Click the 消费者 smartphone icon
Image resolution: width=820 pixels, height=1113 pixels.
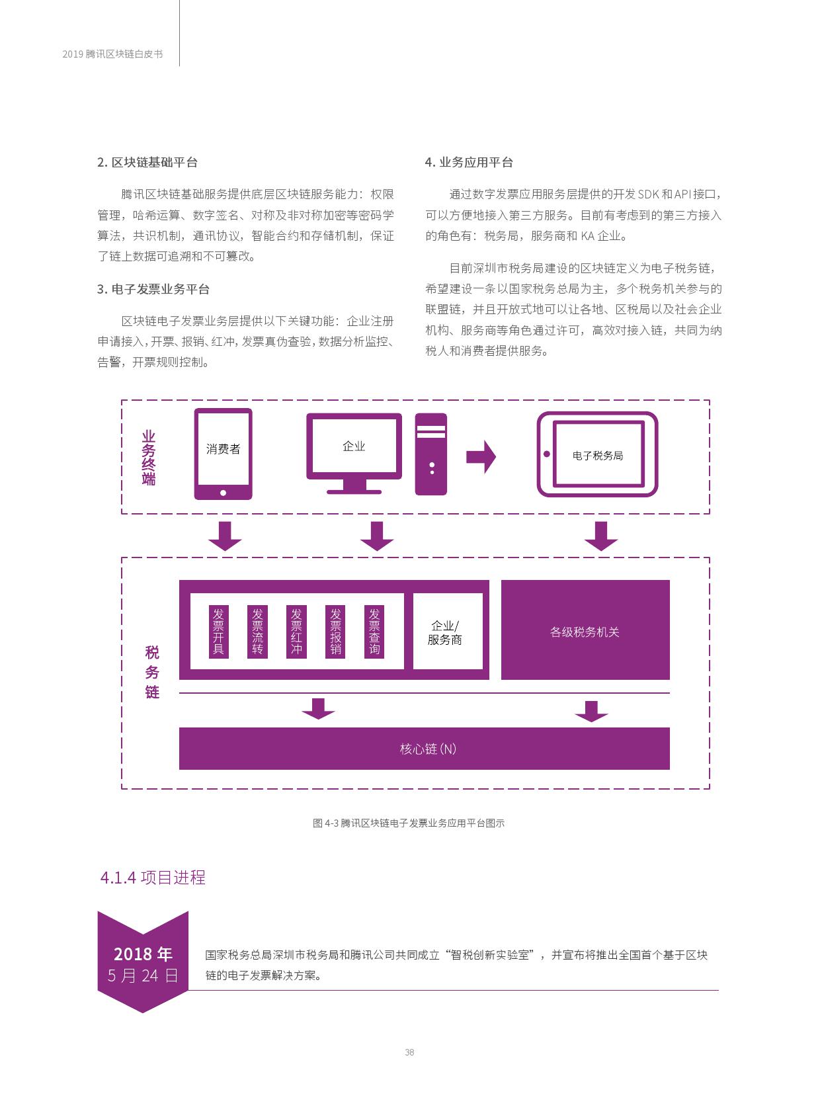(223, 454)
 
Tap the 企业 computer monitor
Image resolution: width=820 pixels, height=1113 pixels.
(354, 453)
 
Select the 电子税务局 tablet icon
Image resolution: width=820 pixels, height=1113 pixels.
(597, 454)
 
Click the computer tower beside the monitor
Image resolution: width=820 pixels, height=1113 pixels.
(431, 454)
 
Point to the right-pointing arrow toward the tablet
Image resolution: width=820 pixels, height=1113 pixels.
(481, 456)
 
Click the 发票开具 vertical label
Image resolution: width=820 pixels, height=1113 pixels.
(219, 632)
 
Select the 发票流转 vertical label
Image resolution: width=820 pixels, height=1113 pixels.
(257, 632)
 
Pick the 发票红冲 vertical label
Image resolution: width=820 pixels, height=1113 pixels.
(297, 632)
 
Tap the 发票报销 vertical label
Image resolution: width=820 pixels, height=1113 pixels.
(335, 632)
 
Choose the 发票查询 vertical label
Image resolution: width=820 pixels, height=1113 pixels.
(374, 632)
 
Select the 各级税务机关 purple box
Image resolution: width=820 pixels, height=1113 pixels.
(585, 630)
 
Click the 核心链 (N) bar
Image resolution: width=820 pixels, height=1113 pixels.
(425, 749)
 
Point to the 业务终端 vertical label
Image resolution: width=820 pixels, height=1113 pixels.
(149, 458)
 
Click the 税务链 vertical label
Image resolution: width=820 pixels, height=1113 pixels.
(152, 672)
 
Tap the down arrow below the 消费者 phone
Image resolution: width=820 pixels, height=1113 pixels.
(225, 536)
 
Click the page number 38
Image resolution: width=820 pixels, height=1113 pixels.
(409, 1052)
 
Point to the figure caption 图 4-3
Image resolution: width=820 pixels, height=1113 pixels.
(409, 823)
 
